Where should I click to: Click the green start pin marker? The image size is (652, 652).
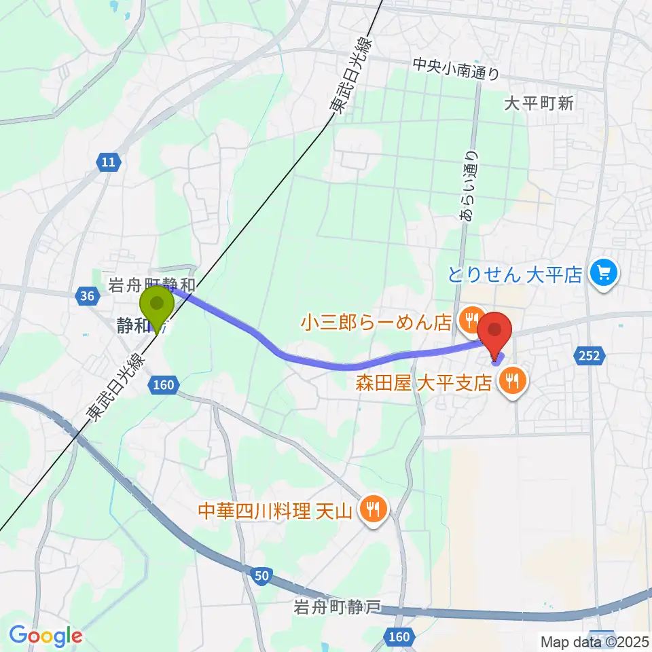[157, 304]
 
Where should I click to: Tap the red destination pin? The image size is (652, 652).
[496, 331]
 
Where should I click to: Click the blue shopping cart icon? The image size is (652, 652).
[602, 273]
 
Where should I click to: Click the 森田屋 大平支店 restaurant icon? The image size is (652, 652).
[510, 382]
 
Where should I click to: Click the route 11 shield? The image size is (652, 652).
[108, 162]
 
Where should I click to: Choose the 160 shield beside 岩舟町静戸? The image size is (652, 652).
[400, 636]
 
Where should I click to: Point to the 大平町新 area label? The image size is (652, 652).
[540, 103]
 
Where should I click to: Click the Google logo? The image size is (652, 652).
[46, 636]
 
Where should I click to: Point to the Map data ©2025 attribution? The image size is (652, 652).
[594, 641]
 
